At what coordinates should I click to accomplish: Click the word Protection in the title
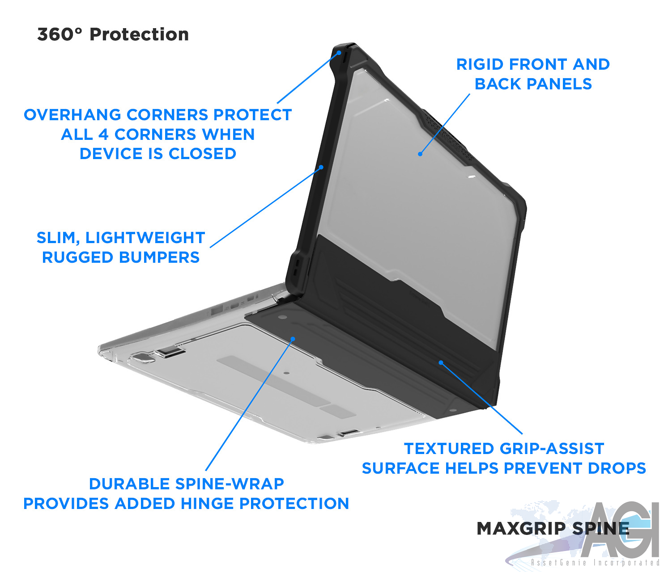point(139,34)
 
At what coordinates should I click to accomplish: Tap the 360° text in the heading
point(60,34)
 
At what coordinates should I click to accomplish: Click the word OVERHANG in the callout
point(72,115)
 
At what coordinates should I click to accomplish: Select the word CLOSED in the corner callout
point(202,154)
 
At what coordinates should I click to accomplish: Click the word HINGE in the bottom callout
point(208,504)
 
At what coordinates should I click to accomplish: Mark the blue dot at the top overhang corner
point(339,53)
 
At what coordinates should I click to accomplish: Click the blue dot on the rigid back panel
point(420,154)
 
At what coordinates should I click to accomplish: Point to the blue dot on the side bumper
point(321,168)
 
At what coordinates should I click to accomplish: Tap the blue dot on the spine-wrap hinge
point(293,339)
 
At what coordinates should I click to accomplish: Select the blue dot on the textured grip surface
point(441,362)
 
